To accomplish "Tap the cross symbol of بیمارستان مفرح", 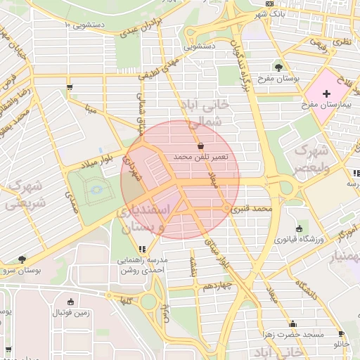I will [x=326, y=94].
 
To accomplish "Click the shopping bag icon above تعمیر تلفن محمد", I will [x=202, y=146].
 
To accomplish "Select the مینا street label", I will [x=90, y=110].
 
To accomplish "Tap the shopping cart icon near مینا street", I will [x=70, y=88].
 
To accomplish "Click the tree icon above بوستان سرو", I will [x=22, y=259].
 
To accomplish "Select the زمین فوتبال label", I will [x=70, y=314].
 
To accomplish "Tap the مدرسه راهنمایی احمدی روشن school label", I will [x=143, y=264].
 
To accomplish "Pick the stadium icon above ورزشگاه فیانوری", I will [x=300, y=229].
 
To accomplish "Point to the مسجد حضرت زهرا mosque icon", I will [x=292, y=323].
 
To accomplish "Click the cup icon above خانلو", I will [x=341, y=334].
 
